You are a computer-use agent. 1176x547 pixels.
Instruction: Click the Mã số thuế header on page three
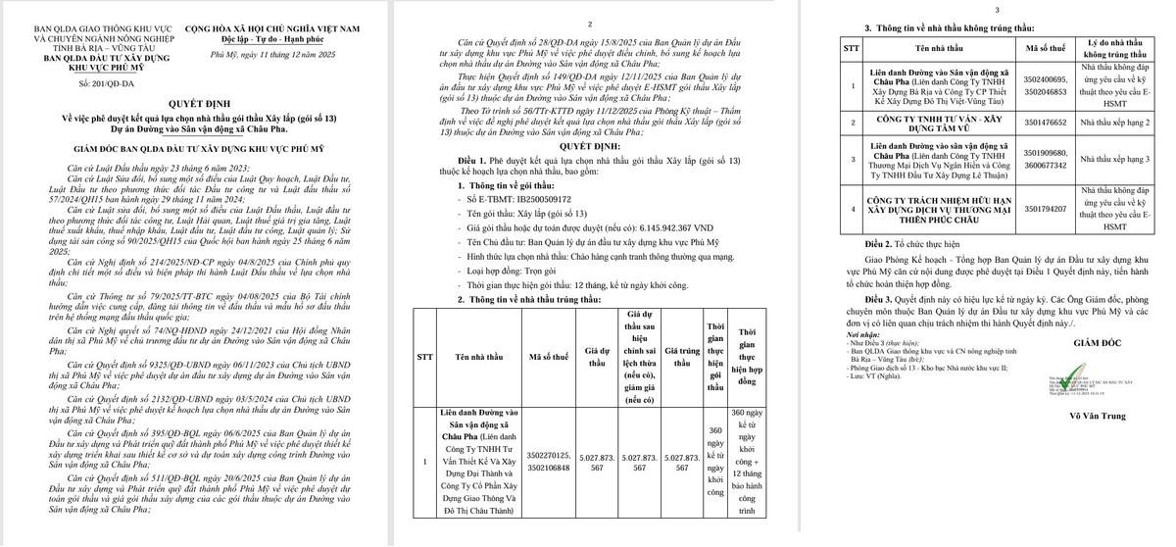pos(1045,47)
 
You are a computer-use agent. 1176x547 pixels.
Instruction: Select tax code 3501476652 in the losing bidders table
pos(1045,123)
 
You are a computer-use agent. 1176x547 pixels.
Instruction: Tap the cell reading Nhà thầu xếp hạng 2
pos(1114,123)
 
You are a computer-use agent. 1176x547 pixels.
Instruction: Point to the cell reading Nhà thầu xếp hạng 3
pos(1114,159)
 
